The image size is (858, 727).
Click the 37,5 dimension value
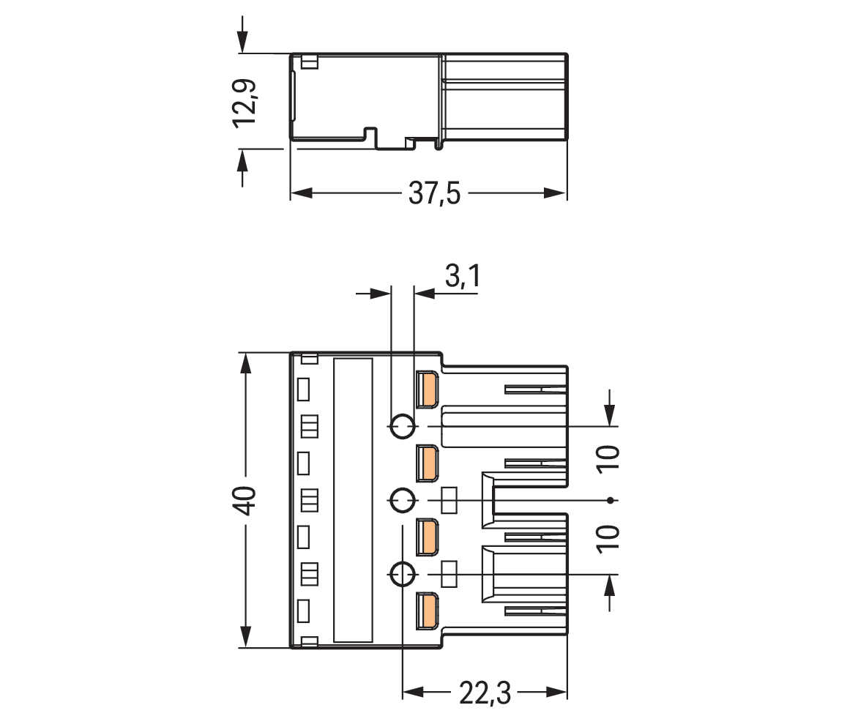point(434,194)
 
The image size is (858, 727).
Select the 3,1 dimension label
point(463,276)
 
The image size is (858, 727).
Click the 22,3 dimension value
point(485,693)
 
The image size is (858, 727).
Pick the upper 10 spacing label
point(608,458)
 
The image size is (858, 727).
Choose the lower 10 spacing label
point(608,539)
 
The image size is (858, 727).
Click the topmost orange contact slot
point(427,389)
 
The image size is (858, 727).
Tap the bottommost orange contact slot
point(427,611)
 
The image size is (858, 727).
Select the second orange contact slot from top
point(427,463)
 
